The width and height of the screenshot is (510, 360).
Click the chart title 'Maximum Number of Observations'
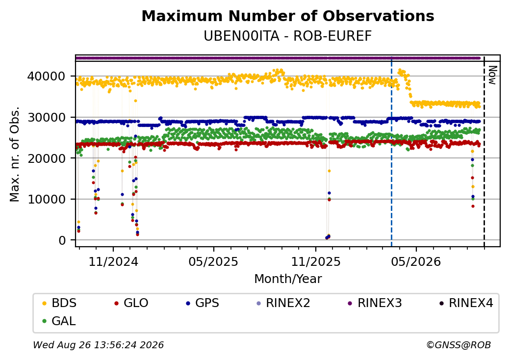click(288, 16)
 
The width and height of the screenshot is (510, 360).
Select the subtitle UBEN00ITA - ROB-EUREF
click(287, 36)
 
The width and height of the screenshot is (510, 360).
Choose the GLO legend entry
click(131, 303)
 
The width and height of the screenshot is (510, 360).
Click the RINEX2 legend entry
click(283, 303)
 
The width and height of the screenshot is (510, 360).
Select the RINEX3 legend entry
click(375, 303)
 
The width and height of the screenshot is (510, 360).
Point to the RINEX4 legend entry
click(466, 303)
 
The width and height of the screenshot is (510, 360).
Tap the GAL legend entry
click(59, 321)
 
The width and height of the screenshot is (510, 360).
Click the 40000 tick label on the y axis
click(47, 77)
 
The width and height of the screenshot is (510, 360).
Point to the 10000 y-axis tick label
click(47, 199)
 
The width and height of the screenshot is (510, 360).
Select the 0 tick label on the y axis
click(62, 240)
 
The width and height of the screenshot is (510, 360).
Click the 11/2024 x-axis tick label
click(113, 262)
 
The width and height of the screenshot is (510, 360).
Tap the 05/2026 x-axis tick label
click(416, 262)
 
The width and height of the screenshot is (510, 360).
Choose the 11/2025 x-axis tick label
click(315, 262)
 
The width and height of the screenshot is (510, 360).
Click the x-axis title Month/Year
click(288, 279)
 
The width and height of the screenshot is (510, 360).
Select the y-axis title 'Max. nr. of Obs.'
click(15, 154)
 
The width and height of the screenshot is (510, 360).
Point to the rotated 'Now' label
click(493, 75)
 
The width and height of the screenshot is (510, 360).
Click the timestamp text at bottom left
click(99, 345)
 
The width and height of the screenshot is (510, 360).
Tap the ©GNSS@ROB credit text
click(459, 345)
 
